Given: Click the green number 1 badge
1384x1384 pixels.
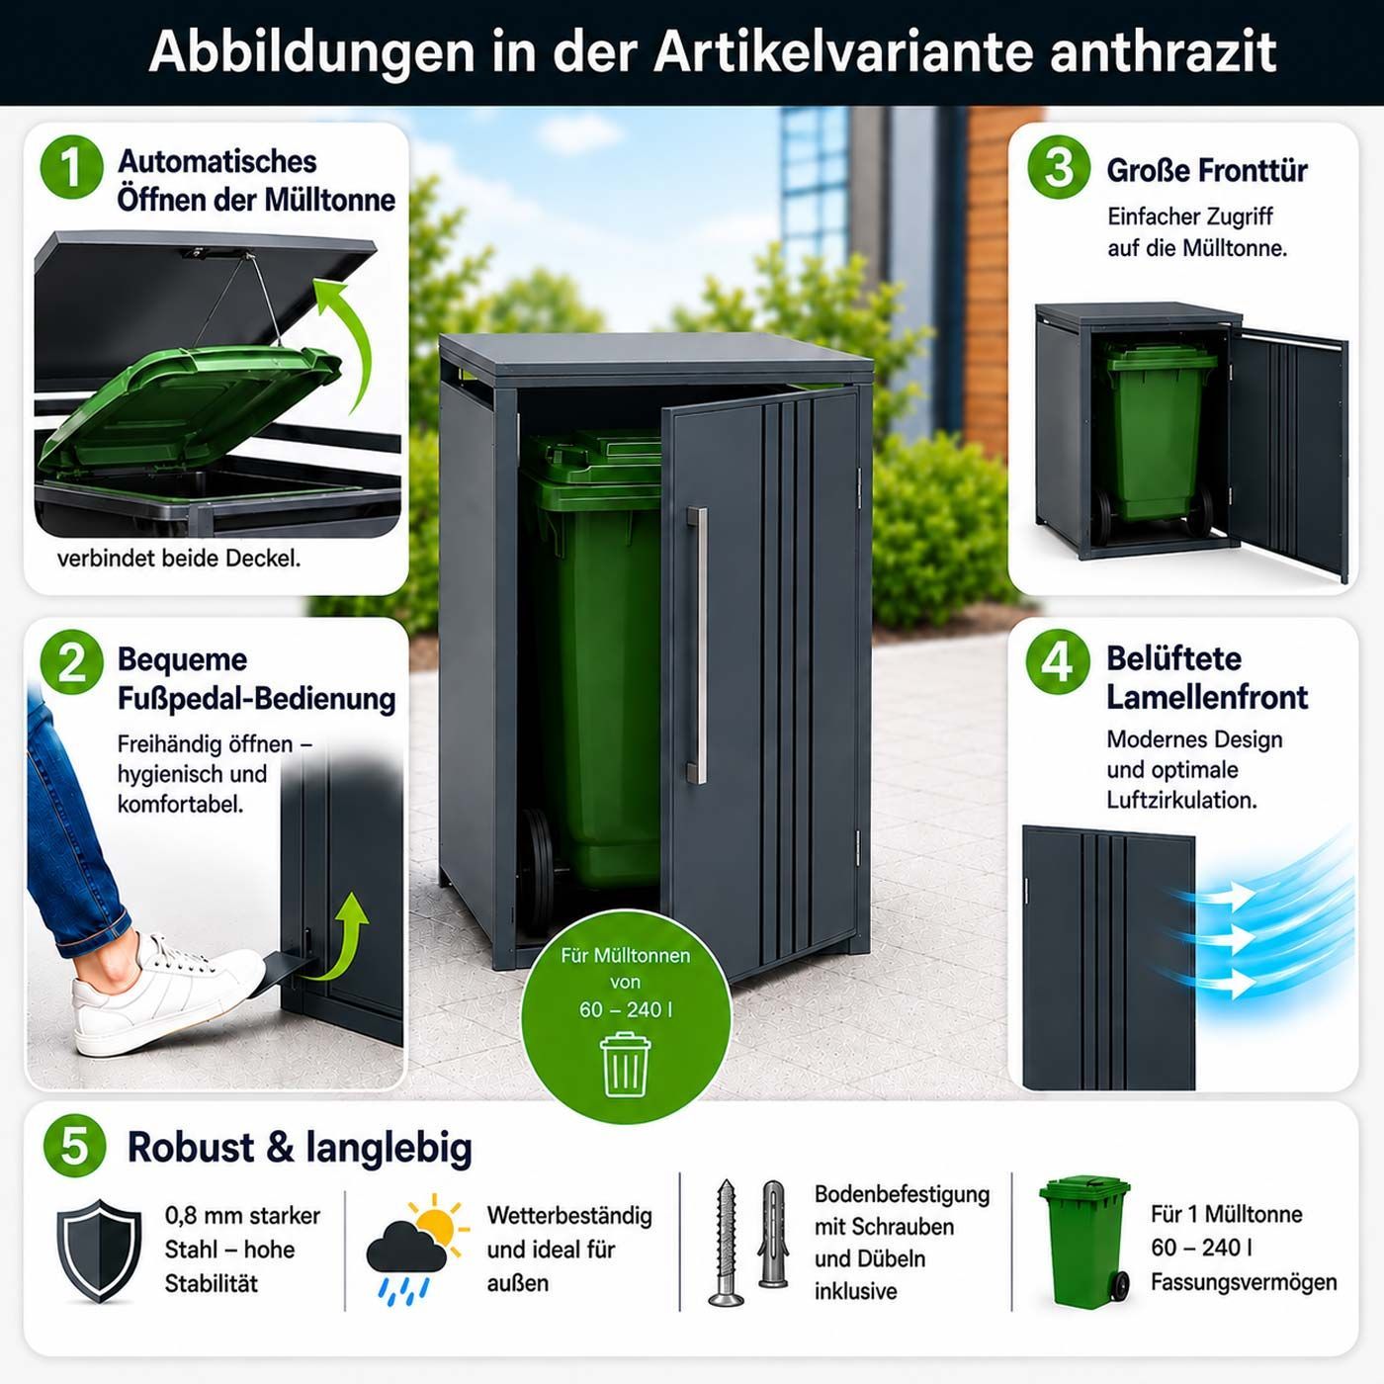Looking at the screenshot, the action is [72, 167].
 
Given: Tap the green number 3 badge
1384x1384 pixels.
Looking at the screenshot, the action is [1059, 167].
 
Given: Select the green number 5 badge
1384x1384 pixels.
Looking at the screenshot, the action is [75, 1146].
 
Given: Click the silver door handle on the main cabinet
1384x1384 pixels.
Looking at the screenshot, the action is [697, 645].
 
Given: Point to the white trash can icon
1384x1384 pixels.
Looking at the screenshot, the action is [625, 1064].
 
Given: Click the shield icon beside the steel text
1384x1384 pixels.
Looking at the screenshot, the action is [99, 1251].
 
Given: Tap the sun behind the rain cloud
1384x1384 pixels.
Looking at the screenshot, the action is [436, 1223].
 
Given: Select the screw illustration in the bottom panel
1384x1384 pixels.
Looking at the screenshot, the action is [727, 1241].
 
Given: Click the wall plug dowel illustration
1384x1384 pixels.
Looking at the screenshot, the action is [773, 1234].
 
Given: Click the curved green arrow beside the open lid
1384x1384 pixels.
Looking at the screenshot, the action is [345, 337].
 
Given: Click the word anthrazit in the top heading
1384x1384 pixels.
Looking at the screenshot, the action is [1163, 51].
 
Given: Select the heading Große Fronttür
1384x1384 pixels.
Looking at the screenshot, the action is [1207, 171].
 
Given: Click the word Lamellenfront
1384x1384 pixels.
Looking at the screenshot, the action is [1207, 697].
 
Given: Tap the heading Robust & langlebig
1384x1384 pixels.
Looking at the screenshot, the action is [300, 1147].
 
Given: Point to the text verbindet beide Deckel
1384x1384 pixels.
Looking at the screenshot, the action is [179, 559].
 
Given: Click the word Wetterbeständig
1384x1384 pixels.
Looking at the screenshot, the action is [569, 1215].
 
